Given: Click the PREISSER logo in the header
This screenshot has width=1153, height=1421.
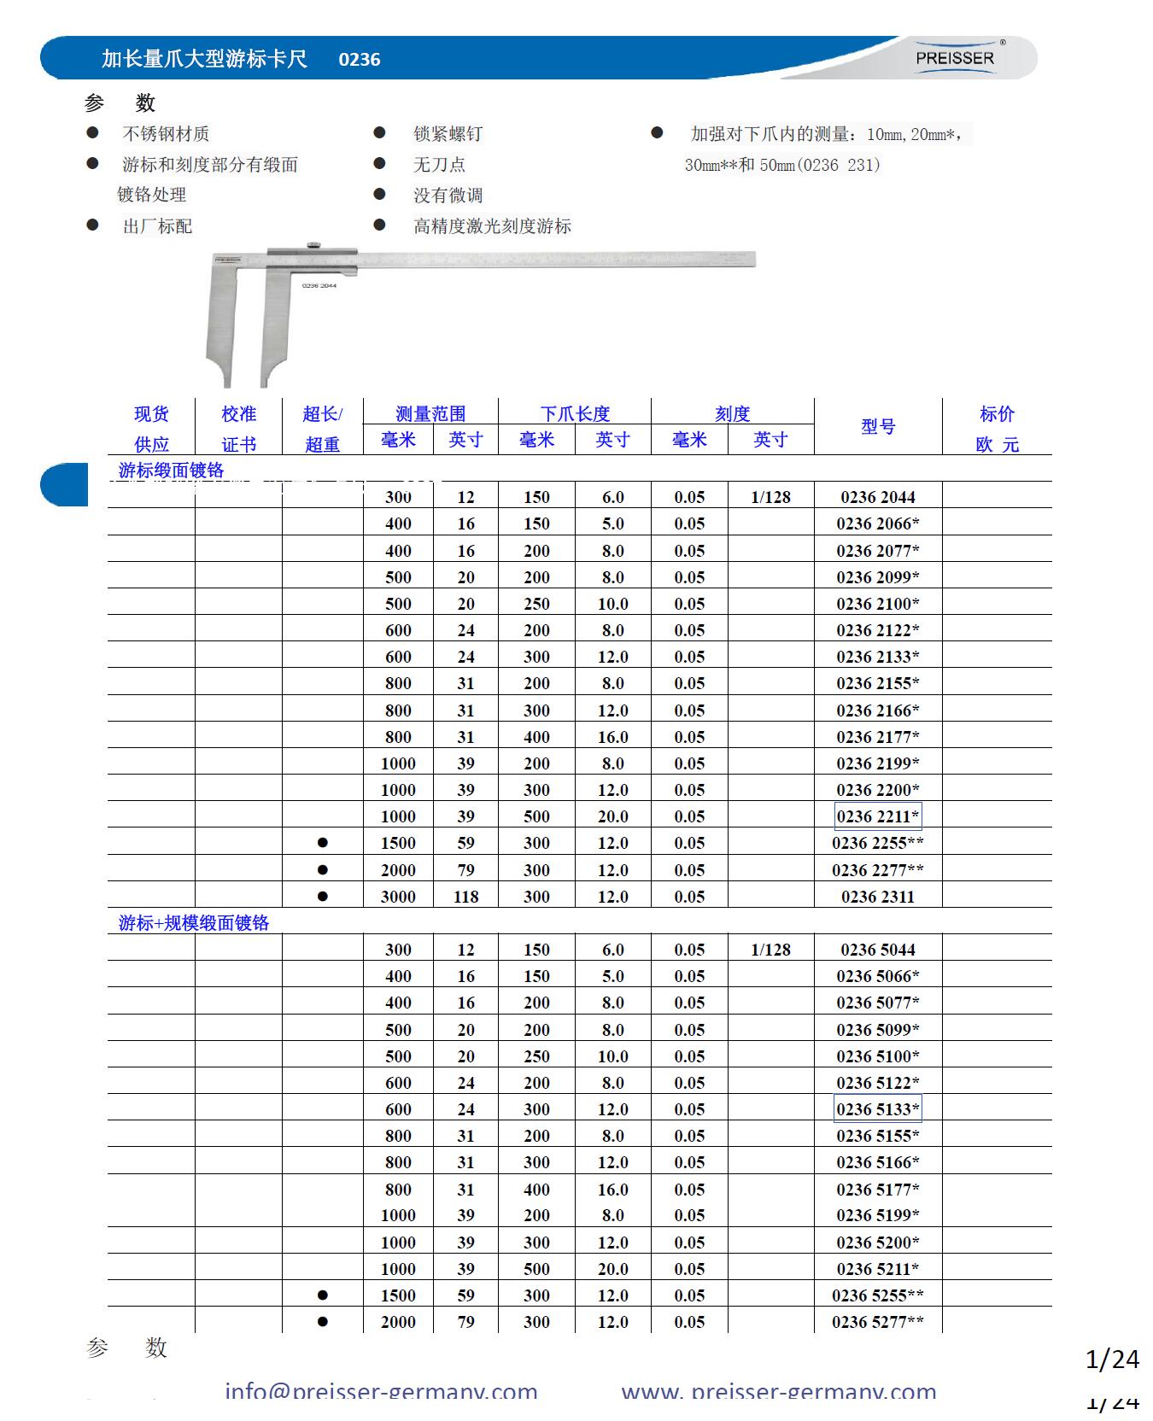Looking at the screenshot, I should pyautogui.click(x=955, y=58).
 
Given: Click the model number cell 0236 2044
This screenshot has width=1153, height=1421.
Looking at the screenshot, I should pyautogui.click(x=878, y=497).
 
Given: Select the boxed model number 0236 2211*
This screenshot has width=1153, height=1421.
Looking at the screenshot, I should pyautogui.click(x=878, y=816).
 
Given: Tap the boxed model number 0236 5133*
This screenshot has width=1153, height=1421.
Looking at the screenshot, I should pyautogui.click(x=878, y=1109).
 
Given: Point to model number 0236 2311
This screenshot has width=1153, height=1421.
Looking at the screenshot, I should pyautogui.click(x=878, y=897).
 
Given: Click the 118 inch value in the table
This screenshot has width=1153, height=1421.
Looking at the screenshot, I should pyautogui.click(x=465, y=897).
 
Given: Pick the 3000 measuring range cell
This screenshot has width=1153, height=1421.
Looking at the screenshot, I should pyautogui.click(x=398, y=897).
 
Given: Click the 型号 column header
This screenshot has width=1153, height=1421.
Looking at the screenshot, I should pyautogui.click(x=878, y=426).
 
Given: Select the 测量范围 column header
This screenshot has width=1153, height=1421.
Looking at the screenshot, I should pyautogui.click(x=430, y=413).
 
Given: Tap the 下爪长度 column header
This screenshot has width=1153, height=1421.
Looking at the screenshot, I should pyautogui.click(x=575, y=413).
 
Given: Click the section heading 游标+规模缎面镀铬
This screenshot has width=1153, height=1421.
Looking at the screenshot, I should pyautogui.click(x=194, y=923).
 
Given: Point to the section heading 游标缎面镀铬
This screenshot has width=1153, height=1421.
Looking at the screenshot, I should pyautogui.click(x=171, y=471).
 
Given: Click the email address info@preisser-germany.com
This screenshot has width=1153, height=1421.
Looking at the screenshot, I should pyautogui.click(x=381, y=1391).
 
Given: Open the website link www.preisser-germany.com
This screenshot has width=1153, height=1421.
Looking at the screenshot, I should pyautogui.click(x=779, y=1391).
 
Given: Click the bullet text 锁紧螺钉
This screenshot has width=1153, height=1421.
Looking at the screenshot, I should pyautogui.click(x=448, y=134).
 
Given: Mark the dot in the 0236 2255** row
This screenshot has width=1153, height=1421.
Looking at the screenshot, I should pyautogui.click(x=322, y=843).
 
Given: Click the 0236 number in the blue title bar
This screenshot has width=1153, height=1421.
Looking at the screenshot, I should pyautogui.click(x=360, y=59).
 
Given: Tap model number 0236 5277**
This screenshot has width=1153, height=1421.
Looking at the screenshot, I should pyautogui.click(x=878, y=1322).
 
